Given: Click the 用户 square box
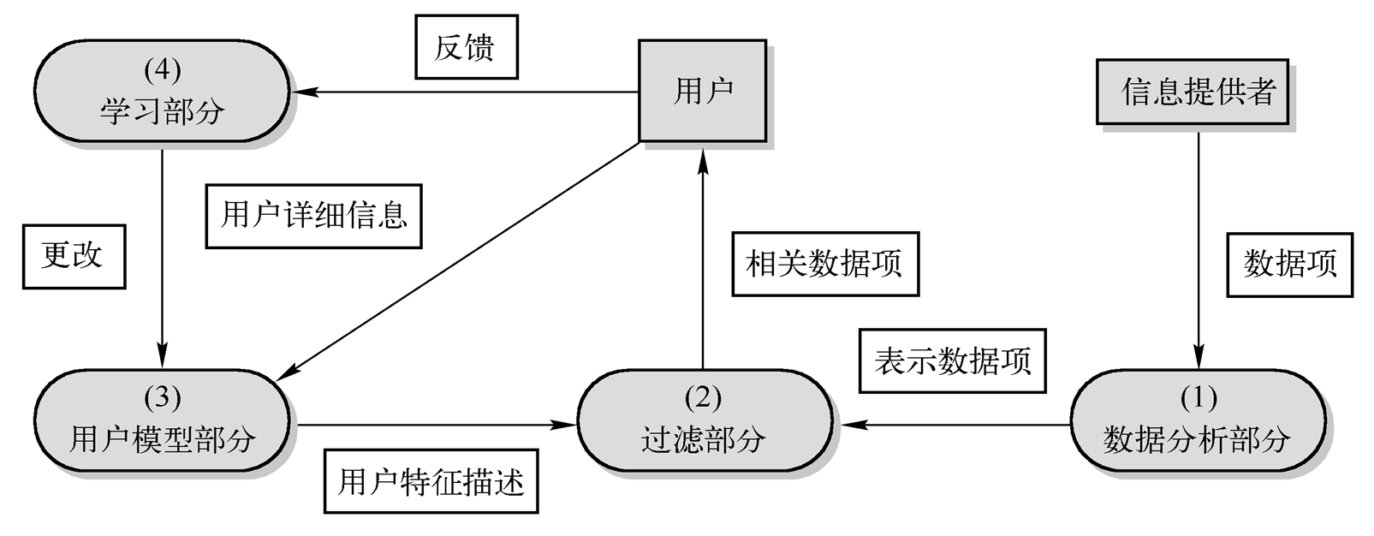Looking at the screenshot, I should click(x=702, y=90).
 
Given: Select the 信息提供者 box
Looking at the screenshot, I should click(x=1193, y=91).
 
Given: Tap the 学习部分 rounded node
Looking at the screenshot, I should click(x=162, y=91).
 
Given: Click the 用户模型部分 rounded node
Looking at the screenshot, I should click(x=162, y=420).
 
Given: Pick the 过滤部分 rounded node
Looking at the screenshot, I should click(x=704, y=420).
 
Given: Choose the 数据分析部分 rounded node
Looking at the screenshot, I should click(x=1198, y=420).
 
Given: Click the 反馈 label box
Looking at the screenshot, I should click(x=466, y=47).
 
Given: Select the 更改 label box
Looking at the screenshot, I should click(x=74, y=256).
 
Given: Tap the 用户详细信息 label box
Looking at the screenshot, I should click(x=313, y=216).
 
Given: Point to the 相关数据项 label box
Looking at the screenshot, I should click(x=824, y=264).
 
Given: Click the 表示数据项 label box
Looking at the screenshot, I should click(x=952, y=360).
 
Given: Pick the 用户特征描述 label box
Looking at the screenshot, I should click(x=431, y=481).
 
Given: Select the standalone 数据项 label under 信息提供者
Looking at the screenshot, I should click(x=1289, y=265).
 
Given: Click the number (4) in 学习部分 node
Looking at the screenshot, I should click(x=162, y=70).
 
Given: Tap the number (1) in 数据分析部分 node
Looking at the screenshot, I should click(x=1198, y=397).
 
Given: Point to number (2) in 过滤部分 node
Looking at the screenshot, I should click(x=704, y=397).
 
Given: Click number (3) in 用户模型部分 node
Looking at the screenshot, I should click(x=162, y=397).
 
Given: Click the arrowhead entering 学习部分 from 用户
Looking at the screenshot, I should click(x=304, y=92).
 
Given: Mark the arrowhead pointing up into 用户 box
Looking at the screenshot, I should click(x=703, y=156).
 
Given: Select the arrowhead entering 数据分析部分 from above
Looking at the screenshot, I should click(x=1198, y=359).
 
